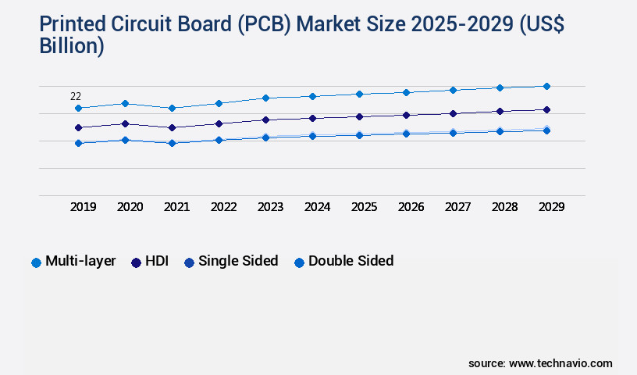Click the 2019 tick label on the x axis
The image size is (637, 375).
(84, 207)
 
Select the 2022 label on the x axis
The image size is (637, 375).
(223, 207)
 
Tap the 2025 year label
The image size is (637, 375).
(364, 207)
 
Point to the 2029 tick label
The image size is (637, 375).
(551, 207)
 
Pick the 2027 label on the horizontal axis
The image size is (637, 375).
(457, 207)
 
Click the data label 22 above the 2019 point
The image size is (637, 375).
(76, 97)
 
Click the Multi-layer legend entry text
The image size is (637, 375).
(80, 261)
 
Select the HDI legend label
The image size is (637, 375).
(157, 261)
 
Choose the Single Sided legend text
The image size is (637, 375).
(238, 261)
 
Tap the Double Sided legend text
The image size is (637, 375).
(351, 261)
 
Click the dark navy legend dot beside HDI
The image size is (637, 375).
(136, 262)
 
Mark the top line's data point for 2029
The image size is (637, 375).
(546, 86)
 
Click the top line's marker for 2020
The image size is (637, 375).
(125, 103)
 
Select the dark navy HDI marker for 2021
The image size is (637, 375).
(172, 127)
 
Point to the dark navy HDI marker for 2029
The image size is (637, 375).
(546, 109)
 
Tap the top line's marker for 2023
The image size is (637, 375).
(265, 98)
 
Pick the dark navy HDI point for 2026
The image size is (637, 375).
(406, 115)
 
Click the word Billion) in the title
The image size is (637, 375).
(72, 45)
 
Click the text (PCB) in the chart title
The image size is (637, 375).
(259, 25)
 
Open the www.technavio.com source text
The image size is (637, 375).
(560, 363)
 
